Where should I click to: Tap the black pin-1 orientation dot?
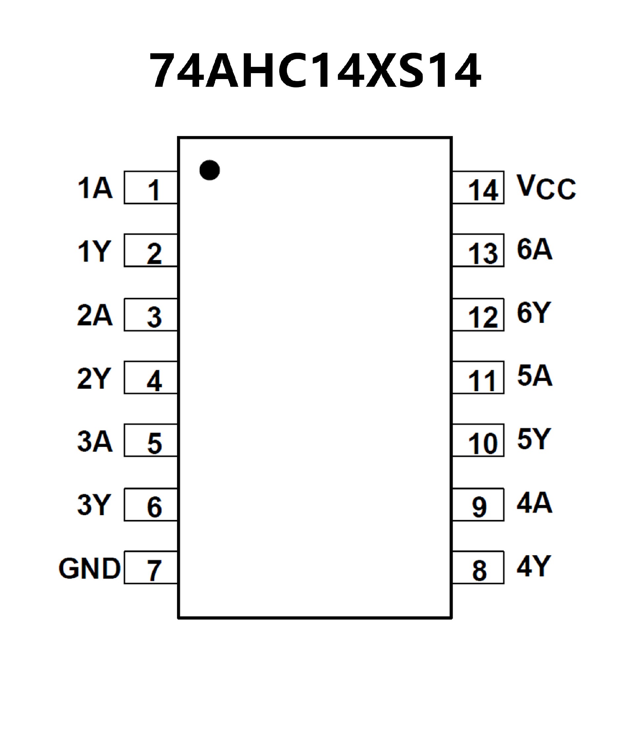(x=210, y=170)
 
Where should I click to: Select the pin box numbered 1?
(x=151, y=188)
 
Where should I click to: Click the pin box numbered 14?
(x=478, y=188)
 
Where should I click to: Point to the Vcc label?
(x=546, y=187)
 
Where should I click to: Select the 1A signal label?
(x=95, y=188)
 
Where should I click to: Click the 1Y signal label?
(x=94, y=251)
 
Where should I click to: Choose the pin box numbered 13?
(x=478, y=250)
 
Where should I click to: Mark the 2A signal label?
(x=95, y=315)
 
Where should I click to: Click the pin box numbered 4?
(x=151, y=378)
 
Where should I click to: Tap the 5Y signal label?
(x=534, y=439)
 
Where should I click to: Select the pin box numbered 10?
(x=478, y=440)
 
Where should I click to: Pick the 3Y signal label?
(x=94, y=505)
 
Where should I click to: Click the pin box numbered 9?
(x=478, y=505)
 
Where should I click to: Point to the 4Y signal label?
(x=534, y=566)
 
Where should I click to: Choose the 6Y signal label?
(x=534, y=312)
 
